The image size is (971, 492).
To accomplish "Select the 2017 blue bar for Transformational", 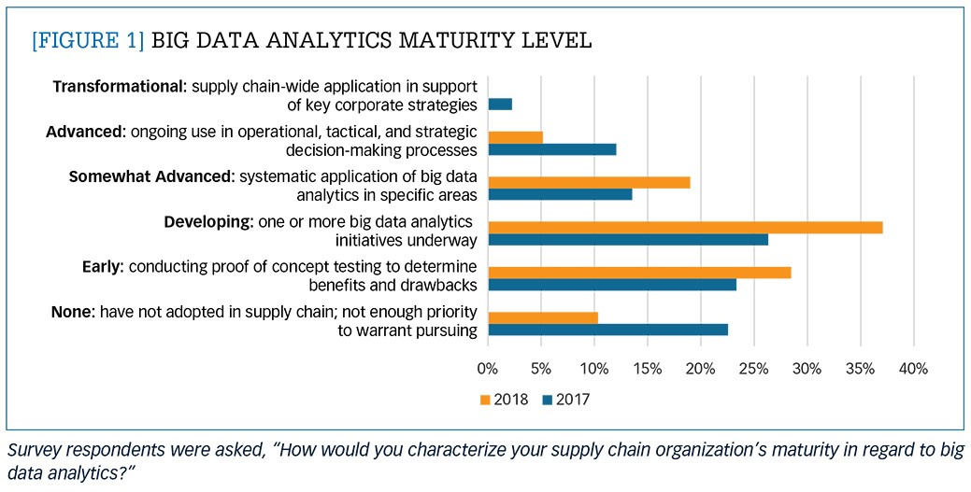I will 500,105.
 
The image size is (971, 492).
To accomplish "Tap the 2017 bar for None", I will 607,330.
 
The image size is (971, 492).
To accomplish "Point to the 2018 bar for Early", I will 639,273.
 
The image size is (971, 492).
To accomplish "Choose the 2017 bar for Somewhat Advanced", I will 560,194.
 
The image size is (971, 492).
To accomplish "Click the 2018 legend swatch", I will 485,400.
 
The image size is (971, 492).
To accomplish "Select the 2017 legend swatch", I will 548,400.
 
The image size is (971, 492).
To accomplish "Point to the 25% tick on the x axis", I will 753,369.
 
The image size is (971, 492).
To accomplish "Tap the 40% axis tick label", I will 913,369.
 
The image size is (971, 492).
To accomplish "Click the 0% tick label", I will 488,369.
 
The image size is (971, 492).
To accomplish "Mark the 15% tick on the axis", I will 647,369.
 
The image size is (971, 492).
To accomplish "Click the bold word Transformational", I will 119,87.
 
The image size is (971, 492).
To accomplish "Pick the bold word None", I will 70,312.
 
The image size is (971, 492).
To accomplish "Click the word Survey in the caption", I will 31,448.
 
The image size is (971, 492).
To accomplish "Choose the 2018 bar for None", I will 542,317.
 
